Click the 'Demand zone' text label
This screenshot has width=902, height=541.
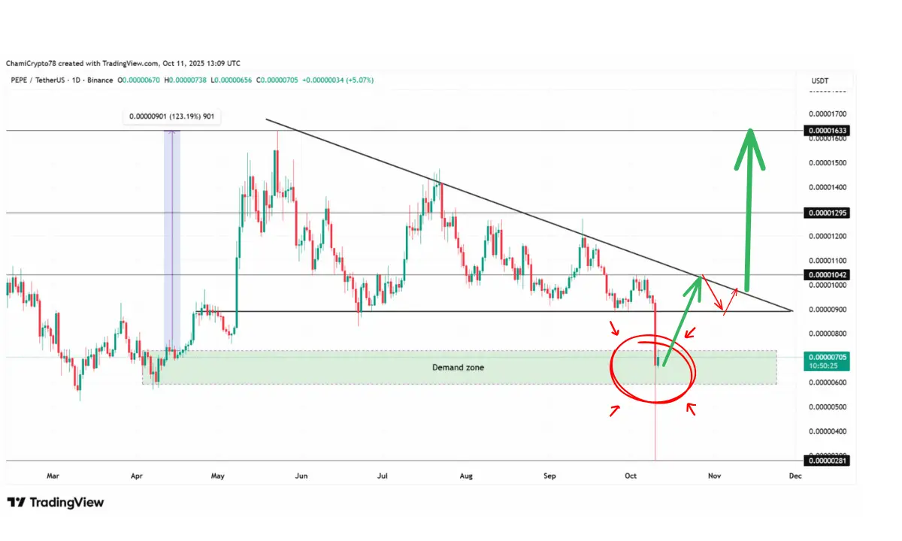[x=458, y=367]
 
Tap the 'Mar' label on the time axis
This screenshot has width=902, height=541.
[x=53, y=476]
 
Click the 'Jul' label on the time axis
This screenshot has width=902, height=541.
[x=383, y=476]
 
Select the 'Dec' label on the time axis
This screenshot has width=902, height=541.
[x=795, y=476]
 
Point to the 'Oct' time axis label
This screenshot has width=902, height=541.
[x=631, y=476]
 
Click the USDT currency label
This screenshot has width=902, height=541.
[x=820, y=80]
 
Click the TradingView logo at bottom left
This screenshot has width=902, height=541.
[x=56, y=503]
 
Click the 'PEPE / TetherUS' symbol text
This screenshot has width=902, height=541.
[x=38, y=80]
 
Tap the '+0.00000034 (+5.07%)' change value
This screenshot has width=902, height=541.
[x=337, y=80]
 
